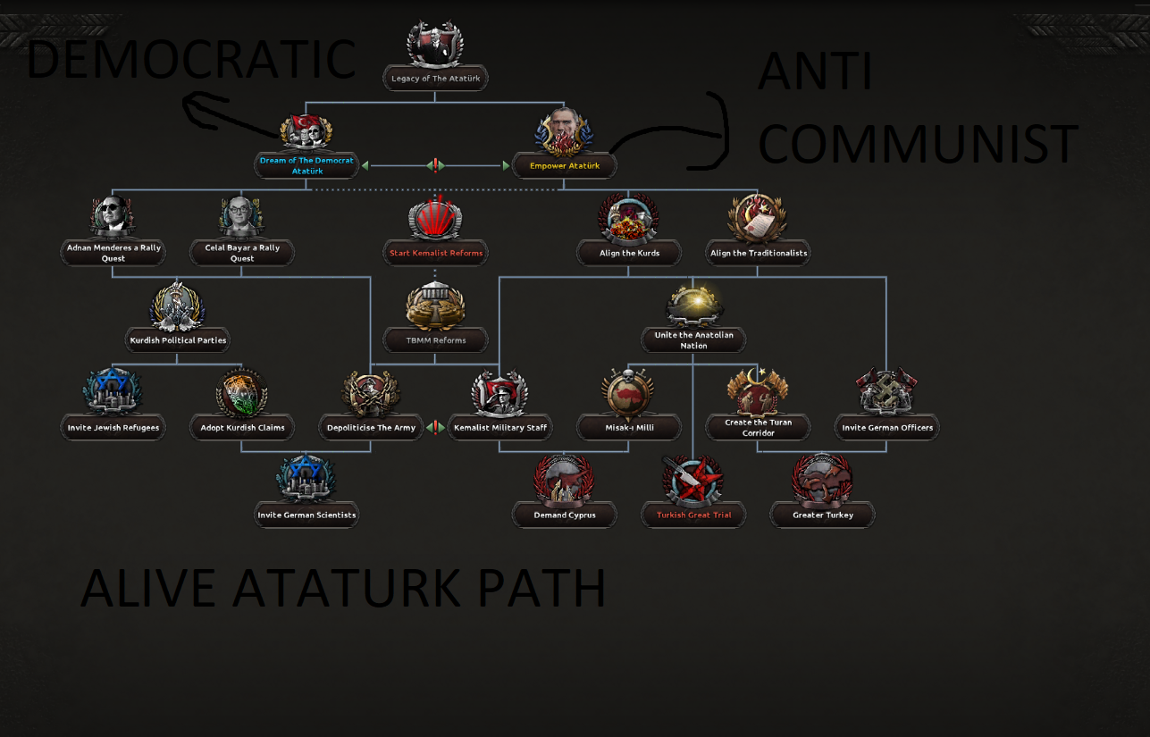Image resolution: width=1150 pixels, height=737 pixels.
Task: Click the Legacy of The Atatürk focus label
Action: (435, 79)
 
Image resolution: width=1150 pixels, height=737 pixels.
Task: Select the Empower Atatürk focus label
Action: (564, 166)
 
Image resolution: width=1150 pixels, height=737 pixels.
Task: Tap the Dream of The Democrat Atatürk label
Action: (306, 165)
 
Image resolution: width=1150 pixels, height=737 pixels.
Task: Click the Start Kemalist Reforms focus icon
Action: (435, 220)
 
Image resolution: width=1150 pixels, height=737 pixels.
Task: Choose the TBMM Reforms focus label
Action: (436, 340)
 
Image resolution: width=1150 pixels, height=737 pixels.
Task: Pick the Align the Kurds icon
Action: (629, 220)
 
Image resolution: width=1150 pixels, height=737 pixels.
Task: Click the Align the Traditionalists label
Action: (758, 253)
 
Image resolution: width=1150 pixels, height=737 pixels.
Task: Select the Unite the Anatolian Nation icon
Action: (693, 306)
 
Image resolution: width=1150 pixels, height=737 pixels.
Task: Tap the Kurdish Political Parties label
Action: (178, 340)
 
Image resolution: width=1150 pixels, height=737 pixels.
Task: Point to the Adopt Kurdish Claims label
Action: (242, 428)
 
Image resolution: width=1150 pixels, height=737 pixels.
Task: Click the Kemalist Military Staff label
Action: (499, 428)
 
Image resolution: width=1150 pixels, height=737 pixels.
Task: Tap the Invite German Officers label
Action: (886, 428)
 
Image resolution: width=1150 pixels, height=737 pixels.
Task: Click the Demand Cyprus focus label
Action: (565, 515)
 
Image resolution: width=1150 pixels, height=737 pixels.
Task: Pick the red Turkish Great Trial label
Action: (693, 515)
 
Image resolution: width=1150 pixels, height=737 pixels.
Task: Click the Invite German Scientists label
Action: (306, 515)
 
